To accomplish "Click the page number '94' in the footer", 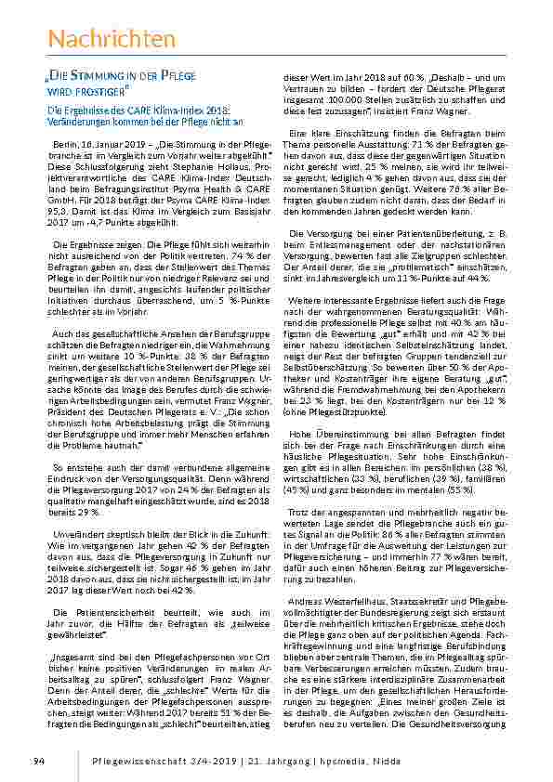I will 37,761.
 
